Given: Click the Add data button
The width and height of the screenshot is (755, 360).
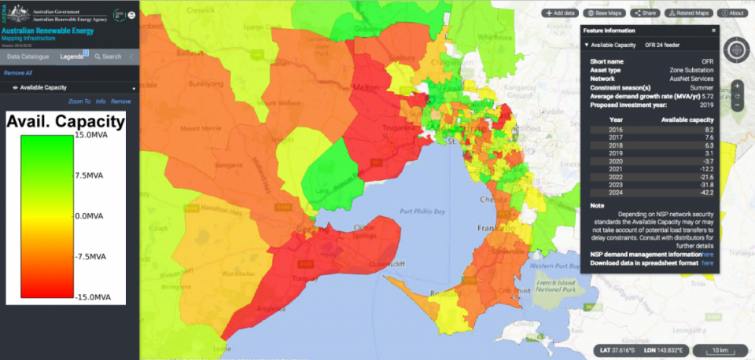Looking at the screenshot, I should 561,13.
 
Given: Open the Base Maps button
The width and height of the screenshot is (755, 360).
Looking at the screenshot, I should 606,13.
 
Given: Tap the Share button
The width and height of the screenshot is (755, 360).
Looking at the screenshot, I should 646,13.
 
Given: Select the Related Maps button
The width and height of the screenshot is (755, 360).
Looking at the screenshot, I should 689,13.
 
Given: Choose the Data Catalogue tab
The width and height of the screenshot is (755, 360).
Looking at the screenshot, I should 28,57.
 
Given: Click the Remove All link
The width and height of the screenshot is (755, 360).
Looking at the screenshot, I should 17,73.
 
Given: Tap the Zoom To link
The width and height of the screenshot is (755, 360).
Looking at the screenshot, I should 79,101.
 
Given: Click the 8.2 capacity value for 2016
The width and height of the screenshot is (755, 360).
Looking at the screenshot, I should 709,128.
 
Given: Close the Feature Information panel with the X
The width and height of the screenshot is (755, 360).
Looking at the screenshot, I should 713,31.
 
